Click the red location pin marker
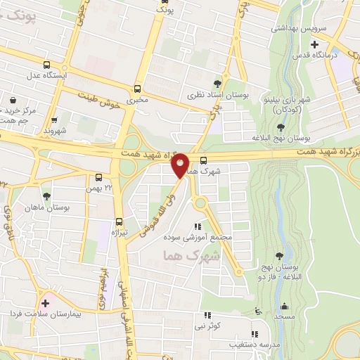click(x=180, y=165)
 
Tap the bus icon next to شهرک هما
click(x=203, y=160)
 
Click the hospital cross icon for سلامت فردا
click(x=46, y=303)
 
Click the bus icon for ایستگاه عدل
click(x=46, y=64)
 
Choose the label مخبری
click(x=137, y=101)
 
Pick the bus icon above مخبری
click(x=137, y=89)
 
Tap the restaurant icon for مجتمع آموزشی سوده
click(x=197, y=226)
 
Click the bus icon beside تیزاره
click(x=118, y=221)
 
